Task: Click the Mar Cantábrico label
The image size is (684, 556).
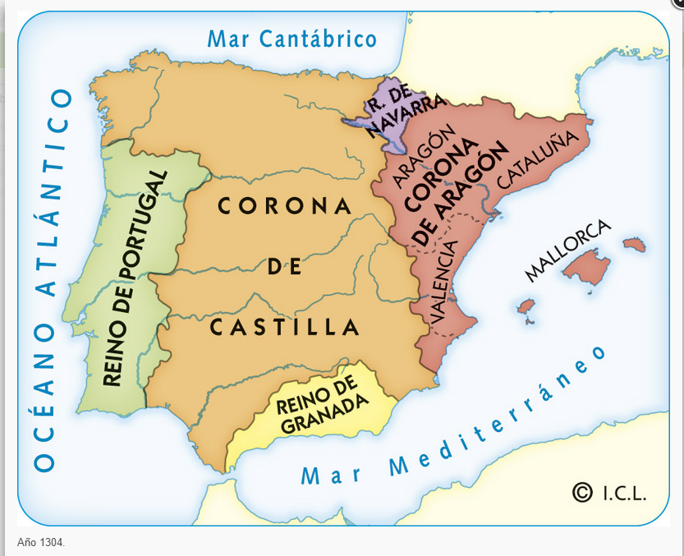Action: tap(292, 39)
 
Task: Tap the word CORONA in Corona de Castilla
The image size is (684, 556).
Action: tap(284, 206)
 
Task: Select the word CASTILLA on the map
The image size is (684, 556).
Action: tap(285, 328)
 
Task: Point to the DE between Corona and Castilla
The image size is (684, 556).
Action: tap(284, 267)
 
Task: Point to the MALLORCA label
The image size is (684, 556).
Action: tap(567, 250)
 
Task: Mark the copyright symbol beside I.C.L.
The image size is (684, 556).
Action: tap(582, 492)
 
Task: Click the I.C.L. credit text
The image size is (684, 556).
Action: tap(624, 494)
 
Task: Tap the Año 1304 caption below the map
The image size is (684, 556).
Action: tap(41, 543)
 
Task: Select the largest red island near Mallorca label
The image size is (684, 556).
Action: tap(590, 268)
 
